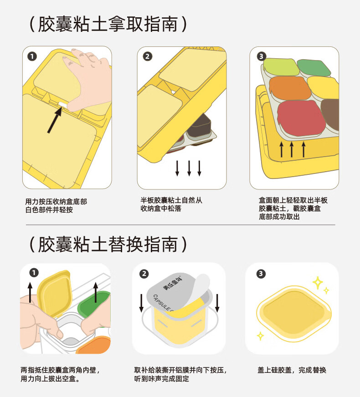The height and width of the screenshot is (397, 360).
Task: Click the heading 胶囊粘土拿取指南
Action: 108,24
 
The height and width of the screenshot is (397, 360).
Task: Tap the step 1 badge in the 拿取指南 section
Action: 32,56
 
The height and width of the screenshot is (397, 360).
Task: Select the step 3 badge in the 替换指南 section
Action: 261,274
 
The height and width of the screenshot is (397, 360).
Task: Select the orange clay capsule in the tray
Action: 287,88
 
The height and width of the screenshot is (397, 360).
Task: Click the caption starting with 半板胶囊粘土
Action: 171,204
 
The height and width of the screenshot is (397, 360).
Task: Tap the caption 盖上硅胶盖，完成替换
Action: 292,370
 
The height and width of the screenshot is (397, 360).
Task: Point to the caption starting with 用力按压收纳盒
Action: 56,205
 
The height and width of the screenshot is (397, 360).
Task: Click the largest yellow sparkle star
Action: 318,283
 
